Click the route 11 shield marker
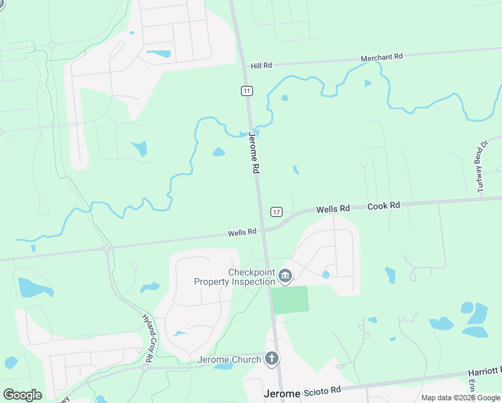247,91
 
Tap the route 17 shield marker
277,212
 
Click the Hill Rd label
262,66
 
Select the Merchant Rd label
381,58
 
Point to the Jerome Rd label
254,153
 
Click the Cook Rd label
384,206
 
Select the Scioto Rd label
322,390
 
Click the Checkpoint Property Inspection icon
285,275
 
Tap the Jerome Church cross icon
272,359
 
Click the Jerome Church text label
228,360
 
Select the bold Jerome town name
283,394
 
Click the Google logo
22,394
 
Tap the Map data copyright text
460,398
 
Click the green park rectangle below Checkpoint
291,300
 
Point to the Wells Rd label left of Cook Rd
334,209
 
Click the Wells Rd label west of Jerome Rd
242,232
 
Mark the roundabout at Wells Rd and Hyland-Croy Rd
106,249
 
